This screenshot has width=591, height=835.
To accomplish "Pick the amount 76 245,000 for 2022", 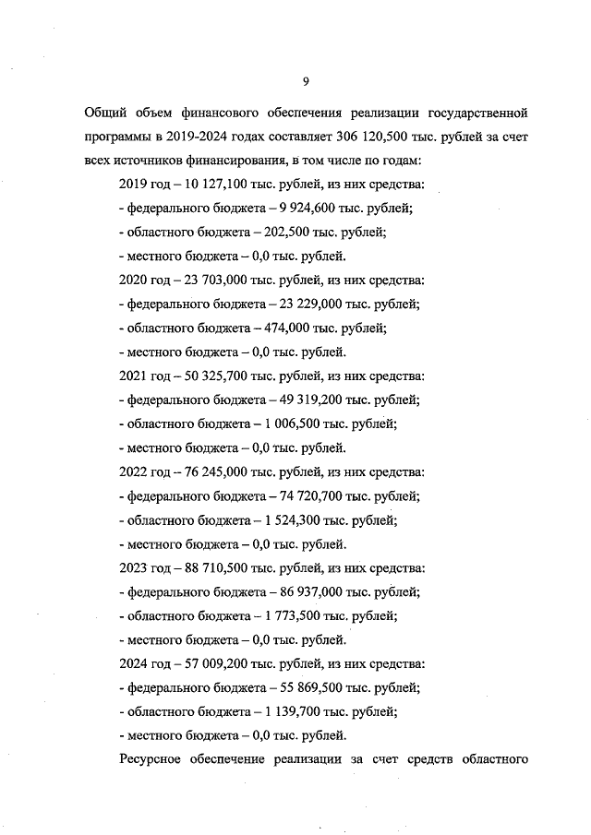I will [207, 471].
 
